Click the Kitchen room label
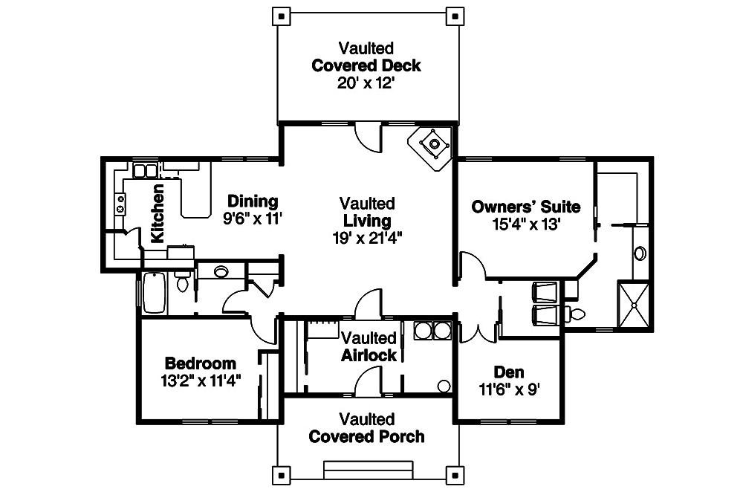pyautogui.click(x=158, y=215)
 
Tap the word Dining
pyautogui.click(x=253, y=201)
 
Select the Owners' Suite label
pyautogui.click(x=526, y=206)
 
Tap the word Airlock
pyautogui.click(x=369, y=355)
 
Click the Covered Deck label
pyautogui.click(x=366, y=65)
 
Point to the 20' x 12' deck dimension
pyautogui.click(x=366, y=82)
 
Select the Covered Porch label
pyautogui.click(x=367, y=436)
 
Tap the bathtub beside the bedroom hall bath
pyautogui.click(x=155, y=292)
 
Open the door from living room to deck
pyautogui.click(x=368, y=135)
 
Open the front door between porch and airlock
pyautogui.click(x=368, y=384)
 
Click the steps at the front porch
pyautogui.click(x=368, y=470)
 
